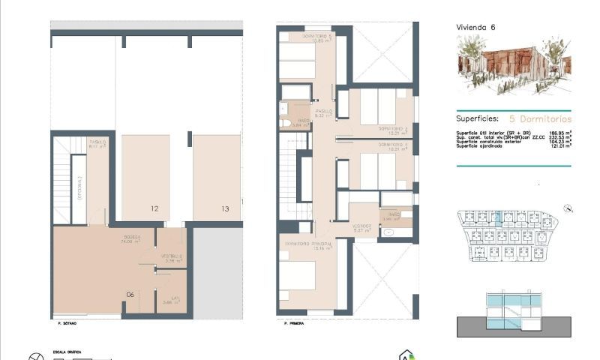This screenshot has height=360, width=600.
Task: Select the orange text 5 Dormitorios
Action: [540, 118]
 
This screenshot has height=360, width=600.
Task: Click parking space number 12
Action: [154, 209]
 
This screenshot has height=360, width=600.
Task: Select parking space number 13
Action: [225, 209]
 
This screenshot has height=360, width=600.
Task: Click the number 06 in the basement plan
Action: [130, 294]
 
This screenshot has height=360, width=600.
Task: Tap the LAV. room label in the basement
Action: [175, 300]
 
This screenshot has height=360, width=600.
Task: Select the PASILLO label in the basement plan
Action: [97, 143]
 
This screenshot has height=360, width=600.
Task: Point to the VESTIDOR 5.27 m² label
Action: [363, 227]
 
